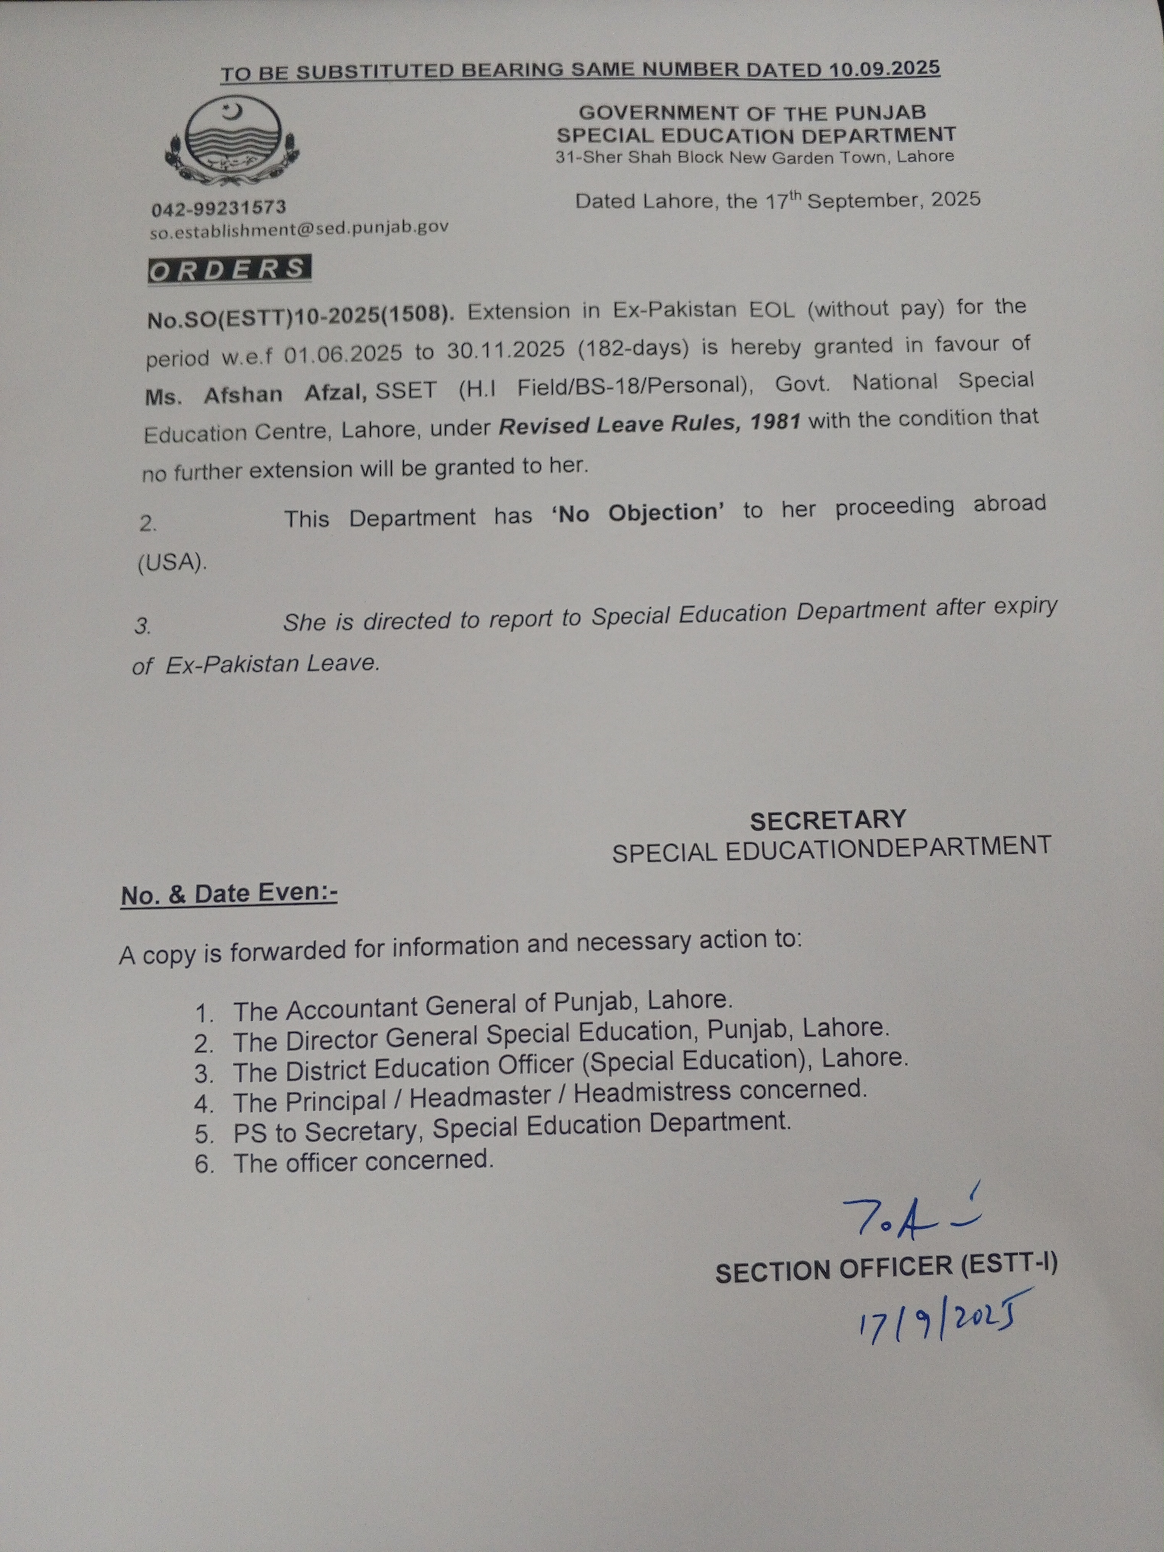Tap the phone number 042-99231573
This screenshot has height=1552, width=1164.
(219, 208)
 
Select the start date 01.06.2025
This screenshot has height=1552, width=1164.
(343, 353)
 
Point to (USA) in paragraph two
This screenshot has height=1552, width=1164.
(172, 563)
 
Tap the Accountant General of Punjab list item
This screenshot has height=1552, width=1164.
(483, 1006)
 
